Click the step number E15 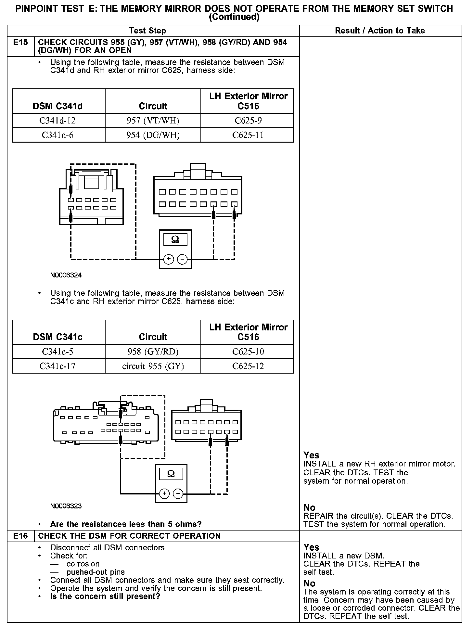click(x=20, y=43)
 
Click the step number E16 click(x=20, y=536)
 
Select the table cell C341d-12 click(x=58, y=121)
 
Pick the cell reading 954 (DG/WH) click(x=153, y=135)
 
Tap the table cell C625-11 click(x=248, y=135)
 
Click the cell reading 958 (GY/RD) click(x=153, y=352)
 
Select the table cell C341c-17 click(x=58, y=366)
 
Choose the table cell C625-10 click(x=248, y=352)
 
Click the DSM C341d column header click(x=58, y=106)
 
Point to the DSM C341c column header click(x=58, y=337)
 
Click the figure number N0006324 click(x=66, y=275)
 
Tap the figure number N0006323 click(x=66, y=506)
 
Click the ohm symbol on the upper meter click(x=175, y=240)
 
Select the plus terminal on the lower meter click(x=164, y=494)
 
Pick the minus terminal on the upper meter click(x=182, y=259)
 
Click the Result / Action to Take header click(x=380, y=31)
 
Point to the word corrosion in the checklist click(x=83, y=564)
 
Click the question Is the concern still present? click(x=105, y=596)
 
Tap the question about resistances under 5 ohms click(x=126, y=524)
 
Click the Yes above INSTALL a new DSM click(x=311, y=547)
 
